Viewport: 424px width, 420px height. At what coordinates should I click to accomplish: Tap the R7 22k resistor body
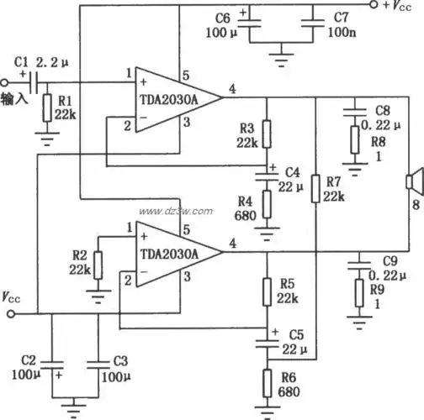point(315,188)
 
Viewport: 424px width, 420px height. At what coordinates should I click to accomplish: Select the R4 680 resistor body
point(267,203)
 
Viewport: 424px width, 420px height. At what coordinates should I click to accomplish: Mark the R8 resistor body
point(356,139)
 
